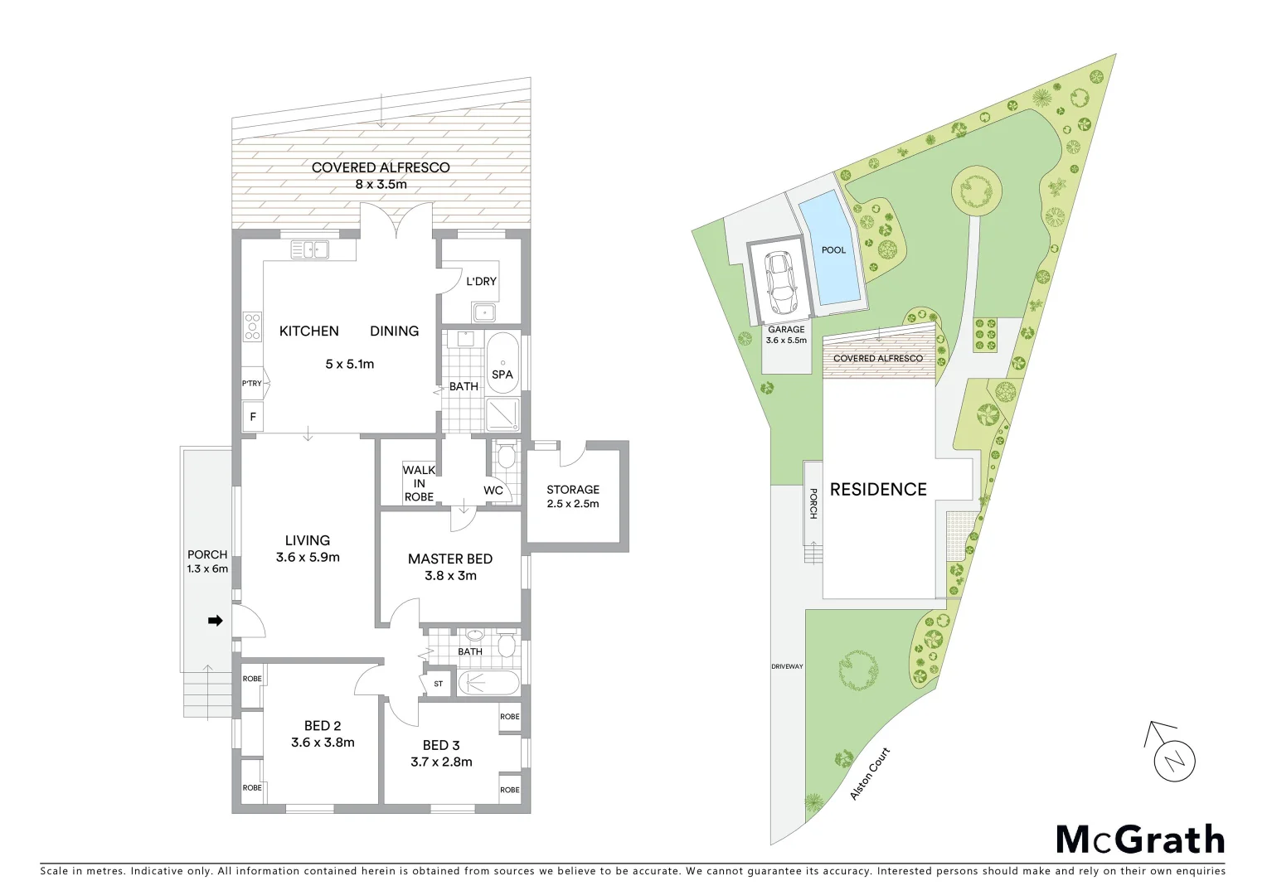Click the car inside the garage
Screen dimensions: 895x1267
(x=779, y=278)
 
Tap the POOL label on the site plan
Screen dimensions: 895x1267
(x=833, y=250)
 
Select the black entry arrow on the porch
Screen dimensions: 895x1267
(x=215, y=620)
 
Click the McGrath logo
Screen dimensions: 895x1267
(x=1140, y=839)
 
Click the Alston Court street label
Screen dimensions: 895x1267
(x=870, y=774)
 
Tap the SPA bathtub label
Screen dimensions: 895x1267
(x=502, y=375)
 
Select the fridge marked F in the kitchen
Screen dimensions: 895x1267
(x=253, y=418)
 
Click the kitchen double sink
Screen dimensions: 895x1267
(x=309, y=249)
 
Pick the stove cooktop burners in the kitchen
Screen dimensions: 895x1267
(x=253, y=327)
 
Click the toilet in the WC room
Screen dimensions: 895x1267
(x=506, y=457)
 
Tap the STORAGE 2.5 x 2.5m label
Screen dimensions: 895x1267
(x=573, y=496)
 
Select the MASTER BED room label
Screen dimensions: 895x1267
(x=450, y=559)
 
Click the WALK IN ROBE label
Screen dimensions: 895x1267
(x=419, y=483)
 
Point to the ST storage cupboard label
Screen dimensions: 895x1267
(x=438, y=684)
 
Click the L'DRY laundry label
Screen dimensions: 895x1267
(x=481, y=282)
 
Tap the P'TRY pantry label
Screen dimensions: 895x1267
(x=251, y=384)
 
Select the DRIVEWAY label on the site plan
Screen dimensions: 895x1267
(x=787, y=666)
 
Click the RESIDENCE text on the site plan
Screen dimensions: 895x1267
(x=878, y=490)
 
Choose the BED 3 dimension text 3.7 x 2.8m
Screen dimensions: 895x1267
(x=441, y=762)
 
